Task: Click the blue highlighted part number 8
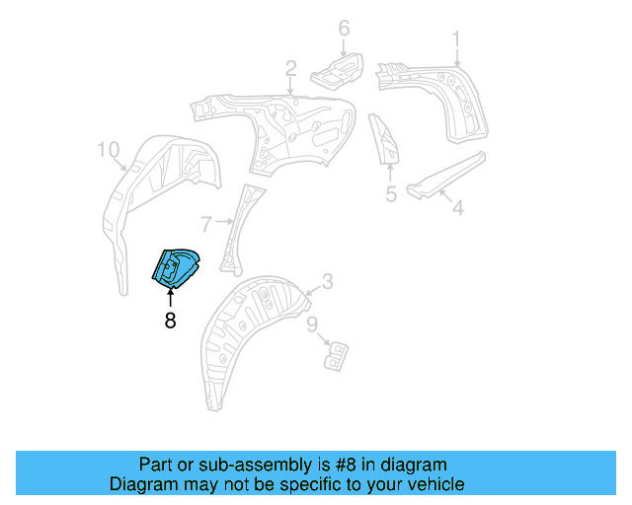[x=175, y=268]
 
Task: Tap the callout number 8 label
[x=170, y=321]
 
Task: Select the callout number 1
[x=456, y=38]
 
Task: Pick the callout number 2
[x=291, y=68]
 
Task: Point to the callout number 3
[x=328, y=282]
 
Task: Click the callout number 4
[x=456, y=208]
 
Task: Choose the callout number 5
[x=391, y=194]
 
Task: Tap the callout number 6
[x=344, y=29]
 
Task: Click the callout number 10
[x=108, y=150]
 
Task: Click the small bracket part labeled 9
[x=337, y=353]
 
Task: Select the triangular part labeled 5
[x=384, y=139]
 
